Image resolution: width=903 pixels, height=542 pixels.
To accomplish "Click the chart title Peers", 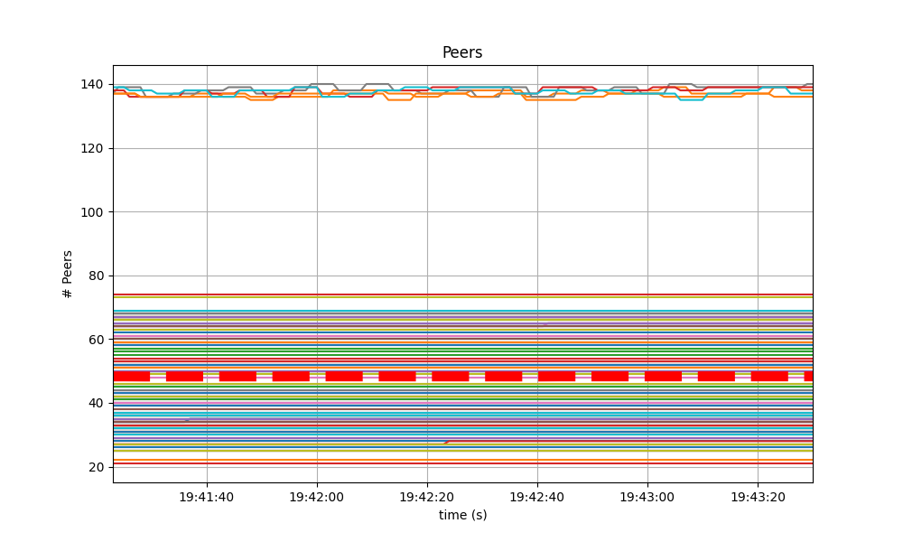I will (461, 52).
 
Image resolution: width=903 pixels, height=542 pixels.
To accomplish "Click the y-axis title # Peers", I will (68, 274).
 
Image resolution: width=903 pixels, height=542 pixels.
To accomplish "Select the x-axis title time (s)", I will (462, 515).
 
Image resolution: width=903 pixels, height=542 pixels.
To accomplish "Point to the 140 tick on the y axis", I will (91, 85).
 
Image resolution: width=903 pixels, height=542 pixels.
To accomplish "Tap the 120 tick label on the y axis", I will (91, 148).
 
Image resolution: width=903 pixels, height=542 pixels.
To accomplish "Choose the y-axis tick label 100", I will (91, 212).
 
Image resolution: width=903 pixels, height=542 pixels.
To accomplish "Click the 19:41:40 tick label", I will (207, 496).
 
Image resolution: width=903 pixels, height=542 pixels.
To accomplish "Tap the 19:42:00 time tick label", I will (317, 496).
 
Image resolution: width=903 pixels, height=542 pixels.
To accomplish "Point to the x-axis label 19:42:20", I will (427, 496).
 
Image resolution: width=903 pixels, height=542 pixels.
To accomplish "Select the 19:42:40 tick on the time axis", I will (537, 496).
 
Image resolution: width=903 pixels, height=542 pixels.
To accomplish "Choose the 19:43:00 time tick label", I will (647, 496).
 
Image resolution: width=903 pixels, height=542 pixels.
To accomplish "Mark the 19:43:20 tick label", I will (758, 496).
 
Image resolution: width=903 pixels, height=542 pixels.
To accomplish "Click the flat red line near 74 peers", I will (451, 294).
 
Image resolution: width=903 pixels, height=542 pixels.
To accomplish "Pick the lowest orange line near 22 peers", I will (451, 461).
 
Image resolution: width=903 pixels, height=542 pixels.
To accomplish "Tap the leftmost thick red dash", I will (131, 376).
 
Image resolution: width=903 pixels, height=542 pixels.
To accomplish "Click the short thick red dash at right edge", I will (808, 376).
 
